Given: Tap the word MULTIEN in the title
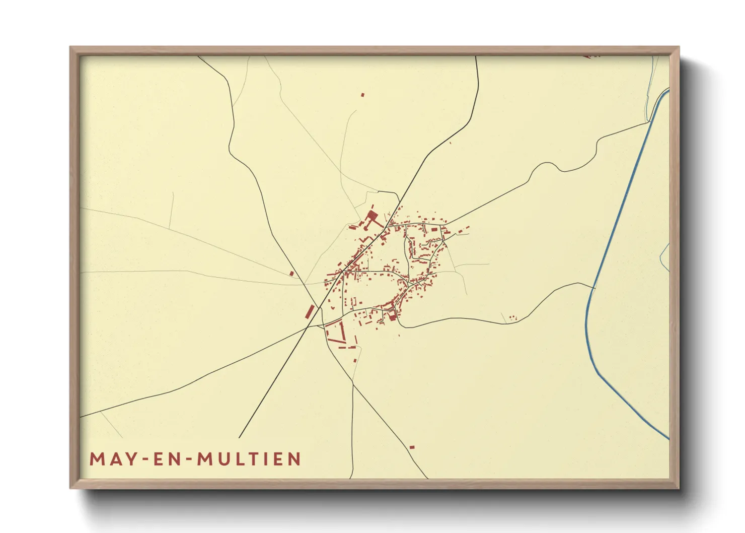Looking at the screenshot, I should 249,459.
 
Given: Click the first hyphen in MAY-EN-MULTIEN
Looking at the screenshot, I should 143,459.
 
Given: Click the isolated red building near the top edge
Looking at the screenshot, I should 362,94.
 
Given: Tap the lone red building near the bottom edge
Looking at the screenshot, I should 412,447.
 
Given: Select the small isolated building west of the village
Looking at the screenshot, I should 291,274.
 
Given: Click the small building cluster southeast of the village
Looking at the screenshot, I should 512,317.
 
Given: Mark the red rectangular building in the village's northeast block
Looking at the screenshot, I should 434,229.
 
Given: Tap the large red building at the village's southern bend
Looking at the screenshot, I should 392,316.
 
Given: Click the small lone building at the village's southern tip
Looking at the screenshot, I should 355,360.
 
